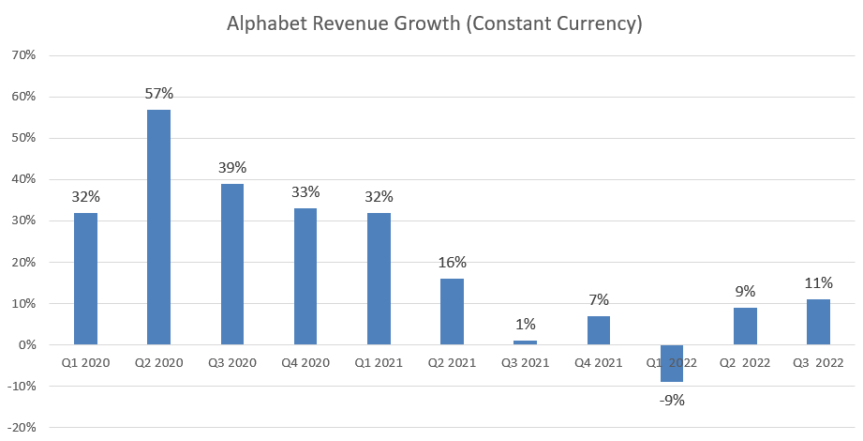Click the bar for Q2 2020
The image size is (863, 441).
159,227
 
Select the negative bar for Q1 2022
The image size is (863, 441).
672,363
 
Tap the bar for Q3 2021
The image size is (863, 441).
525,342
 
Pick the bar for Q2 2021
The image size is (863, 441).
452,312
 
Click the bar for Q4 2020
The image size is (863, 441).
305,277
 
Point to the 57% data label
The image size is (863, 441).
159,94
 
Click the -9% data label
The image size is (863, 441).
671,400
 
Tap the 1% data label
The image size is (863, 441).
525,325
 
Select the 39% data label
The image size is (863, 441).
232,168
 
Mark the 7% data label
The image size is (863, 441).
598,300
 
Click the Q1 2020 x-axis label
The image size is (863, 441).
86,362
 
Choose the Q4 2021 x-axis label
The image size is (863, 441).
598,362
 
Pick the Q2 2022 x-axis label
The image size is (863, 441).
745,362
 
